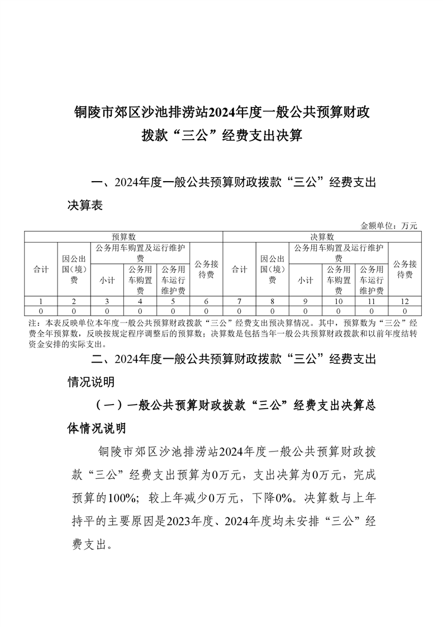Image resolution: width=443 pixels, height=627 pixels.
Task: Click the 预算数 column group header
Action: point(123,237)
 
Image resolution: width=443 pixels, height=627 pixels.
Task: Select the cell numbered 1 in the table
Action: point(41,301)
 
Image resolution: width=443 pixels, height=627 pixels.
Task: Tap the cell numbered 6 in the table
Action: point(206,301)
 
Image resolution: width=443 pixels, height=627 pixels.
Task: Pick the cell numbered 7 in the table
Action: point(239,301)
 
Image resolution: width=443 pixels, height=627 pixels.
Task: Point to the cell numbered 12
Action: point(404,301)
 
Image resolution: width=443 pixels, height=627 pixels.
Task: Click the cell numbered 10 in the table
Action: point(339,301)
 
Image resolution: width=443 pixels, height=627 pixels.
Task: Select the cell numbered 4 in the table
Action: point(140,301)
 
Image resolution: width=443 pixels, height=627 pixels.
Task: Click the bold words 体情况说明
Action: point(97,429)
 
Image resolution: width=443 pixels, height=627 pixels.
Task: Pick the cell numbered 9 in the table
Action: point(306,301)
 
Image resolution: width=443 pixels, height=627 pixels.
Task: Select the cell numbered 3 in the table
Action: point(107,301)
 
